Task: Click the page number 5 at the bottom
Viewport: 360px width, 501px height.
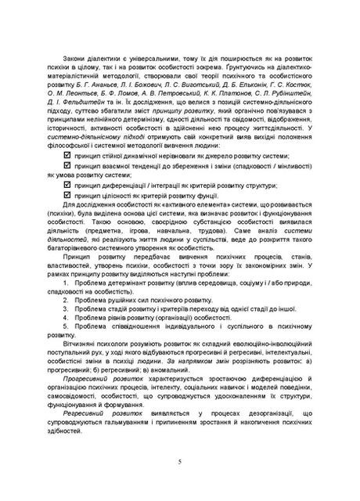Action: tap(180, 463)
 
